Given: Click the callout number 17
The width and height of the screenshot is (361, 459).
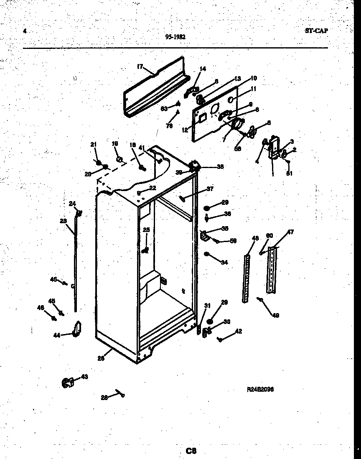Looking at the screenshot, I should [x=140, y=66].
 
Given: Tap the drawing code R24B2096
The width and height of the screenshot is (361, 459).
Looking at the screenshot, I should [x=261, y=389].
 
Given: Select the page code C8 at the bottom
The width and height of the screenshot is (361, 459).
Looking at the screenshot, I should [x=191, y=450].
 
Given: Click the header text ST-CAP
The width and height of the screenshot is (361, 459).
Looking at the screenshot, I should [x=316, y=30].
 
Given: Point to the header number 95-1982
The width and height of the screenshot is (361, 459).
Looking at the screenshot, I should [x=175, y=36].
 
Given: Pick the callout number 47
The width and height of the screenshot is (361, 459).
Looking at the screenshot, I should [x=290, y=232].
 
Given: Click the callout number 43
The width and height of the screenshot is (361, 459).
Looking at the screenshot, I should [x=84, y=377].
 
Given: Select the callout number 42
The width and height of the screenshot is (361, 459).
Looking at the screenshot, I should [x=238, y=331].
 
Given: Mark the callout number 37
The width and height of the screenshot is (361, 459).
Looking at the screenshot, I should [x=210, y=189].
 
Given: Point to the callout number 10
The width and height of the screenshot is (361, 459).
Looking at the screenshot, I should [x=254, y=78].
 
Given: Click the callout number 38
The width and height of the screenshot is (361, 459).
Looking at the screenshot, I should [x=220, y=166].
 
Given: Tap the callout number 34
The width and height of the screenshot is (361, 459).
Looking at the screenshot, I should [x=225, y=262].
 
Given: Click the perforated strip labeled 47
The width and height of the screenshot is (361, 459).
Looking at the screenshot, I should [x=272, y=270].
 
